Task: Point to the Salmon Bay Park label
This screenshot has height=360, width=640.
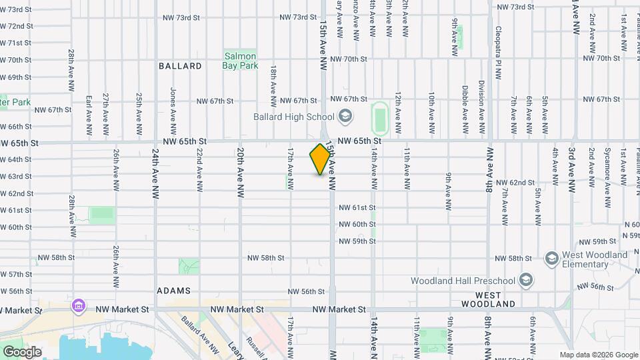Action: point(240,61)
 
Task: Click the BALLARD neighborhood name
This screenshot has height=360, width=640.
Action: point(180,66)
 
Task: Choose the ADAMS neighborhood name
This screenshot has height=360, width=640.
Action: point(173,291)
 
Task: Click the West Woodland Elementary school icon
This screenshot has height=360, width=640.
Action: point(551,257)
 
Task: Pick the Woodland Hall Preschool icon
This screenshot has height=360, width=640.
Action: point(526,279)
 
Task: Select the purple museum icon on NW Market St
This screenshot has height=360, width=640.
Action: point(79,307)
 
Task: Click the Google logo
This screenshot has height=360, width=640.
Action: point(22,351)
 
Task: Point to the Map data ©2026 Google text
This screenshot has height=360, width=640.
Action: point(599,355)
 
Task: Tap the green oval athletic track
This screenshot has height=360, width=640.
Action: point(380,118)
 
